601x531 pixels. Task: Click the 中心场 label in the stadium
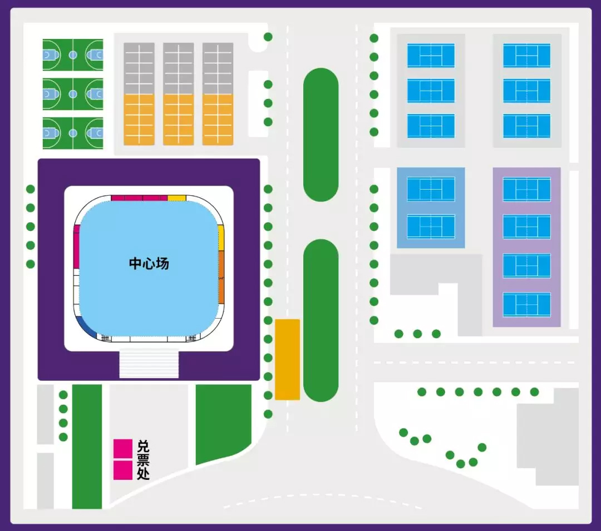[x=149, y=264]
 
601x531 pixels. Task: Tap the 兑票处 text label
[x=143, y=460]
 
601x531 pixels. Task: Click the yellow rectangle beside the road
[x=287, y=359]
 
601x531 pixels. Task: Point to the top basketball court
[x=73, y=54]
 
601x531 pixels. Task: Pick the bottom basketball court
[x=73, y=133]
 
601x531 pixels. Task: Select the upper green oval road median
[x=321, y=135]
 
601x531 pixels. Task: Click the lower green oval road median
[x=321, y=320]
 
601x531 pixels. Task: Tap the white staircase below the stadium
[x=149, y=364]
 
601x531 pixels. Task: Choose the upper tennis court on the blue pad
[x=431, y=189]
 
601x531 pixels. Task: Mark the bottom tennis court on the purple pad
[x=526, y=304]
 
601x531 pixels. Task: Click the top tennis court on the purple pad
[x=526, y=189]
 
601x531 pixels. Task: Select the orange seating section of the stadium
[x=221, y=277]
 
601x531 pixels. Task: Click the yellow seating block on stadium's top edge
[x=176, y=198]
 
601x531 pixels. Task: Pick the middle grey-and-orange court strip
[x=178, y=94]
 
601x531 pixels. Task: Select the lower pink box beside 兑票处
[x=122, y=470]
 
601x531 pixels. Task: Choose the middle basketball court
[x=73, y=94]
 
